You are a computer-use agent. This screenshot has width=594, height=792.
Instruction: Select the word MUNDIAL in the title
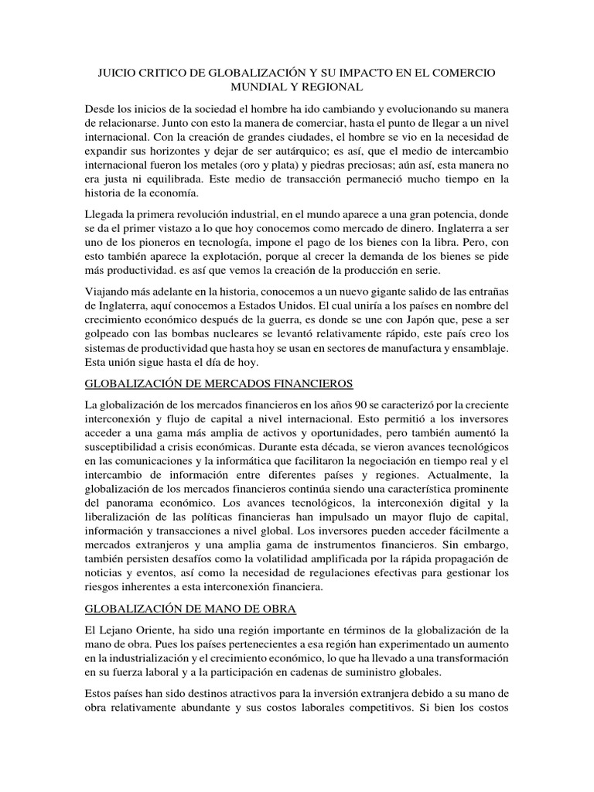click(258, 87)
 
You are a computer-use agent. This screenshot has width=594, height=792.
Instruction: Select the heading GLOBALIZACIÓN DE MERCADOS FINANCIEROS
click(219, 383)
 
